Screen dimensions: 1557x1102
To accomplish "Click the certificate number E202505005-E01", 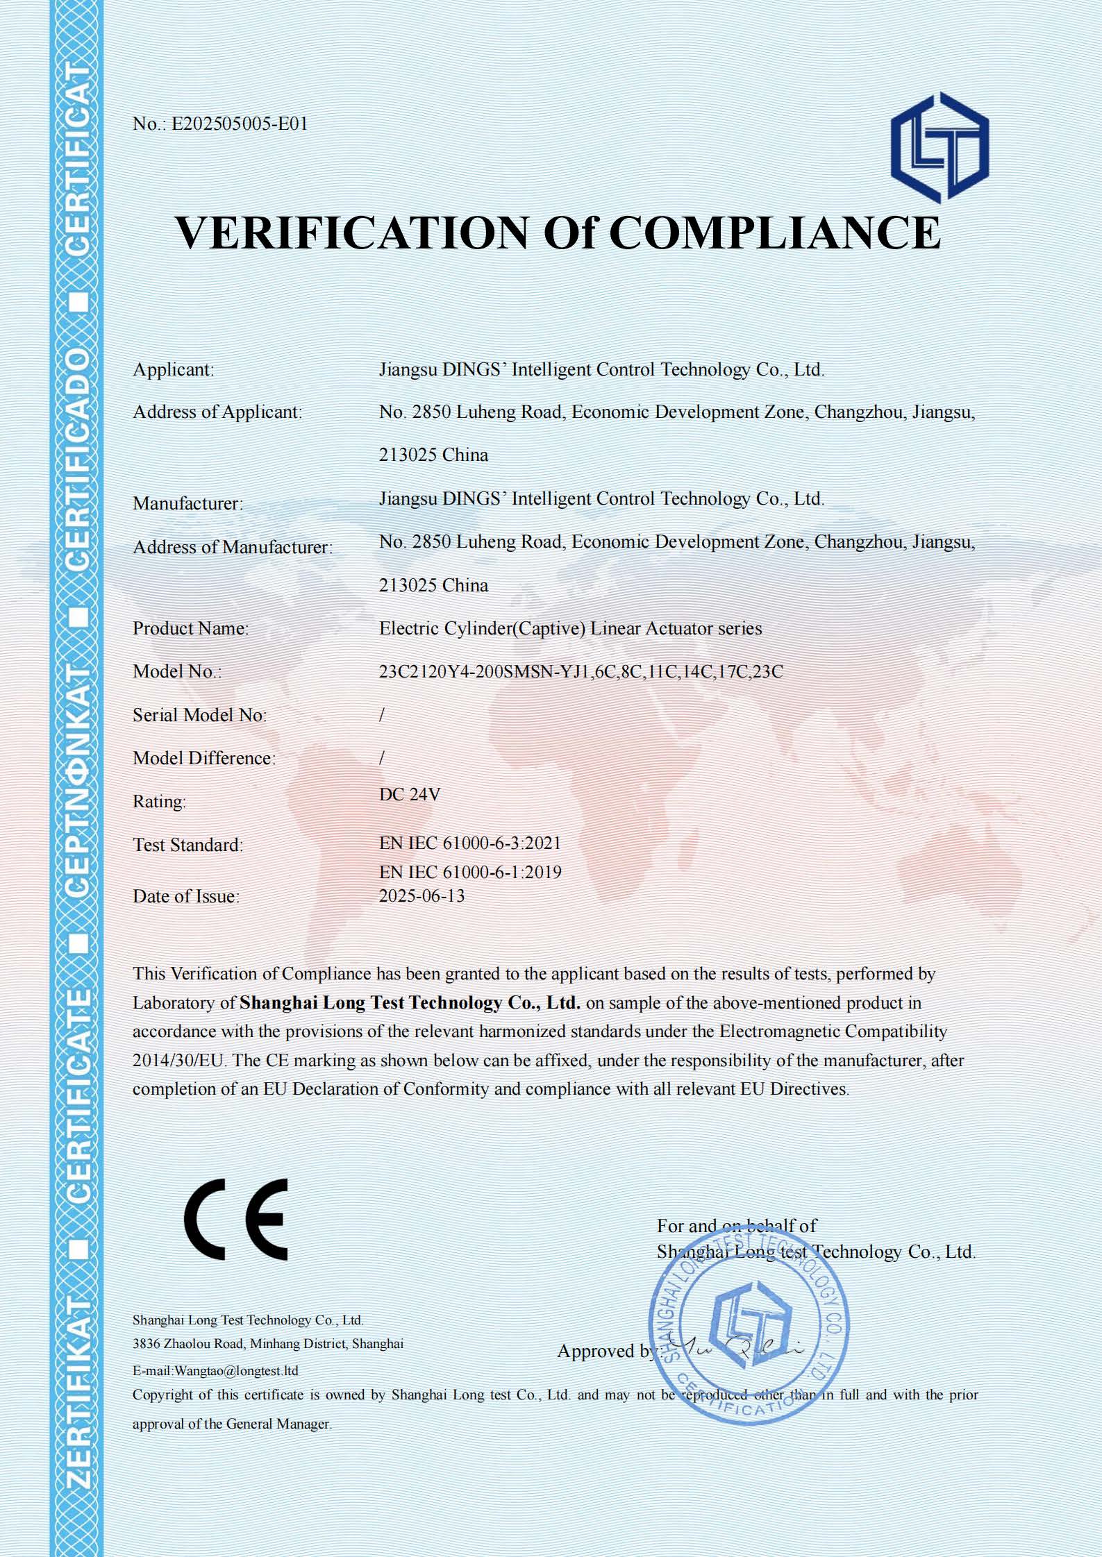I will [239, 124].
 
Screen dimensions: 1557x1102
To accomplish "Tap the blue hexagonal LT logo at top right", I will [940, 147].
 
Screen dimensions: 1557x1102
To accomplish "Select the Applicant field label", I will [174, 370].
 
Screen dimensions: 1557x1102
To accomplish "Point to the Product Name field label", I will [190, 629].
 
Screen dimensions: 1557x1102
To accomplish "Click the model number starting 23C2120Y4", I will [581, 672].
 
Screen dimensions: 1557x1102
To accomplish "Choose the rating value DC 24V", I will [410, 795].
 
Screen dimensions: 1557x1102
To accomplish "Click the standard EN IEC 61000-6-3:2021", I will [470, 843].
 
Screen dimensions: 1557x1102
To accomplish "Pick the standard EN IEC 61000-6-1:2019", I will [470, 873].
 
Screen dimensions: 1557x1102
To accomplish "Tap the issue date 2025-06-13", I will [421, 896].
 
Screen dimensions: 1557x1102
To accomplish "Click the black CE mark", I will [236, 1220].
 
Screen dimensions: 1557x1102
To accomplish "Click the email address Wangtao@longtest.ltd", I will [236, 1371].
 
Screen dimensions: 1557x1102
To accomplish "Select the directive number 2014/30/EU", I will [179, 1061].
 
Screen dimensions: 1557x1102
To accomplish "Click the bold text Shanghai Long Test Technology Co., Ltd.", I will [410, 1003].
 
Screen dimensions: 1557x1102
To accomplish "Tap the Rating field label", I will [160, 802].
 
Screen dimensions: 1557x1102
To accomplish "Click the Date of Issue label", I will [186, 897].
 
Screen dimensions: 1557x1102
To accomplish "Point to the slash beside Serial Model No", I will [382, 715].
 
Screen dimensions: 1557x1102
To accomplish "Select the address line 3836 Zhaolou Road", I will [267, 1344].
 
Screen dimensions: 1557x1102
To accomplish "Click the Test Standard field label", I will [188, 845].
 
